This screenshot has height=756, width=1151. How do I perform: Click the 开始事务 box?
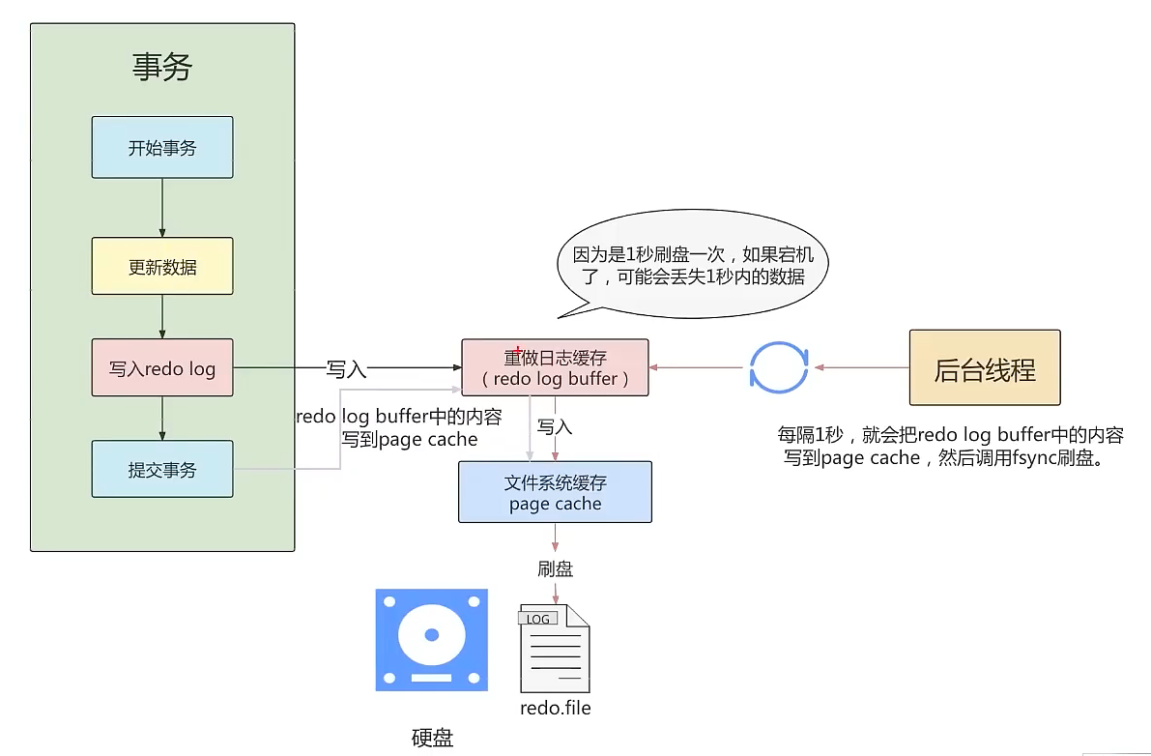point(162,148)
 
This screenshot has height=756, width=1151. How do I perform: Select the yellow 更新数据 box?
point(162,266)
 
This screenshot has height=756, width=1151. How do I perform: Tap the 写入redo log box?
point(162,368)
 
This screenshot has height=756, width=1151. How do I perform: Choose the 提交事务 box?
point(162,470)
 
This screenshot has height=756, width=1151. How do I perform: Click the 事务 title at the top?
point(162,68)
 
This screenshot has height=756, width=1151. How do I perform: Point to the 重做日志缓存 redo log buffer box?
point(555,368)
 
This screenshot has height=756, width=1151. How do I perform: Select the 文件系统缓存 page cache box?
point(555,492)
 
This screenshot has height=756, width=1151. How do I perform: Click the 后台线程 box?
point(985,368)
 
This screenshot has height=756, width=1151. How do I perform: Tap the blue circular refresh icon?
point(779,368)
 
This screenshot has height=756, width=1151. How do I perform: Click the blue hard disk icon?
point(431,639)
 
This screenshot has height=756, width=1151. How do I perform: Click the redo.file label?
point(555,708)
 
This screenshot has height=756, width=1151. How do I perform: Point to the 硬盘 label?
point(432,739)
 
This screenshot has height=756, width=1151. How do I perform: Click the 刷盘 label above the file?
point(555,569)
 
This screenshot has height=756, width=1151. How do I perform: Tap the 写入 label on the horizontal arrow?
point(346,369)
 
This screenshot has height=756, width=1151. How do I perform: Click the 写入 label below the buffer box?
point(555,426)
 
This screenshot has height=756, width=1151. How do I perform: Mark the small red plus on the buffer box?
point(519,351)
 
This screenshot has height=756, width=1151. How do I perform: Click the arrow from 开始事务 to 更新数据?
point(162,208)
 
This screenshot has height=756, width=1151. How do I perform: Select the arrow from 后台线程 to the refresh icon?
point(860,368)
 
